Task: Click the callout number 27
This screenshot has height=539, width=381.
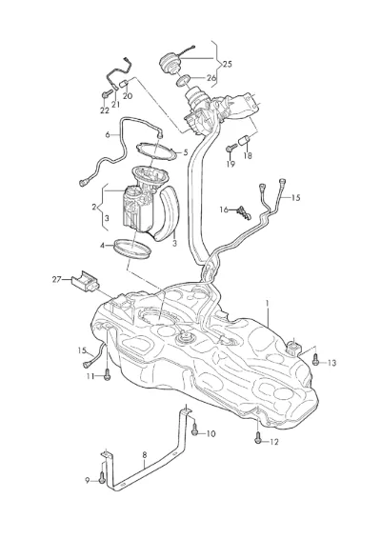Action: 56,279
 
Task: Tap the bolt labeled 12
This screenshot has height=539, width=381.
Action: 258,439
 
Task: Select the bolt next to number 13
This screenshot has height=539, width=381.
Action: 316,360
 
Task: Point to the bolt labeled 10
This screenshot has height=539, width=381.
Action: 195,429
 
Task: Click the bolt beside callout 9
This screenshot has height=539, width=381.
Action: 101,478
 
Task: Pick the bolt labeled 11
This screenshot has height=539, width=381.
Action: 107,375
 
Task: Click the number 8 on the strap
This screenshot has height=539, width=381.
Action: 145,455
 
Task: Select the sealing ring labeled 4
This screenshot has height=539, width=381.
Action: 132,249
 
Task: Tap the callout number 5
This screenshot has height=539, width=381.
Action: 186,152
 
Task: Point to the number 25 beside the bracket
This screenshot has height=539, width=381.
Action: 228,64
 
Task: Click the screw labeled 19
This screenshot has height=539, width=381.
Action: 231,149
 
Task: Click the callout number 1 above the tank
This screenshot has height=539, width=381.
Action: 268,303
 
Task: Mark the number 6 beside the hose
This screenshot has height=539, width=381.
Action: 108,135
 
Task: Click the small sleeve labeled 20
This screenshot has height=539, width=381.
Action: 124,83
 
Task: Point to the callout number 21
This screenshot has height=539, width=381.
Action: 116,104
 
